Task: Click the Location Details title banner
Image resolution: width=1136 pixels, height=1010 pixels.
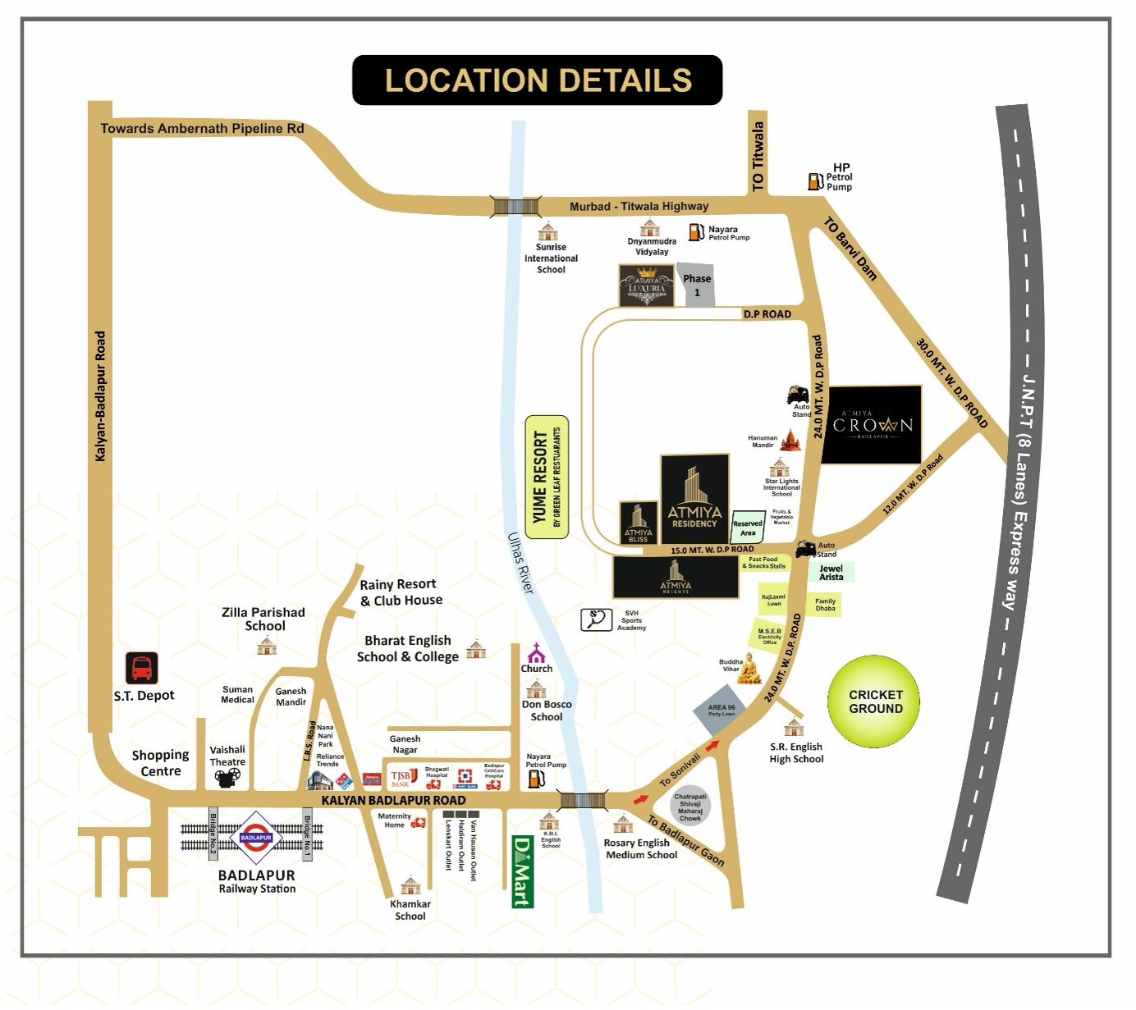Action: click(538, 80)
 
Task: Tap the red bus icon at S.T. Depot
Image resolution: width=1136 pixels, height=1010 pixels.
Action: click(141, 668)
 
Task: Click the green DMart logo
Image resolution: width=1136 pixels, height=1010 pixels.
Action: click(520, 871)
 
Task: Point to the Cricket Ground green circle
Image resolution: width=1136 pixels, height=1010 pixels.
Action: click(875, 702)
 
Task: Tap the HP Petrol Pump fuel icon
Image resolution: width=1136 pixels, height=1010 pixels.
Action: click(814, 181)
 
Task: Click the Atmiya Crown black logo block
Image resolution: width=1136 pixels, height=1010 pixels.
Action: click(871, 425)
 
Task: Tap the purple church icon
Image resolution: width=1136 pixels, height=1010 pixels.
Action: click(536, 653)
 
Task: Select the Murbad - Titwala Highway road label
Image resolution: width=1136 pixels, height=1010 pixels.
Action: click(639, 207)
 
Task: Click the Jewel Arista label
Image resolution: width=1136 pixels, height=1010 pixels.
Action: click(831, 573)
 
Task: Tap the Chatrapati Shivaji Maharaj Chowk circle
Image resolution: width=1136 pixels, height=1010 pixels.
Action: click(690, 807)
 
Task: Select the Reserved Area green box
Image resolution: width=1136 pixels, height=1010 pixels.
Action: click(747, 527)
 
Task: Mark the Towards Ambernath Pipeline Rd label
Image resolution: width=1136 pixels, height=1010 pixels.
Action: click(202, 129)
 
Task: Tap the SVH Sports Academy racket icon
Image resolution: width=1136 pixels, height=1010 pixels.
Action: click(593, 619)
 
